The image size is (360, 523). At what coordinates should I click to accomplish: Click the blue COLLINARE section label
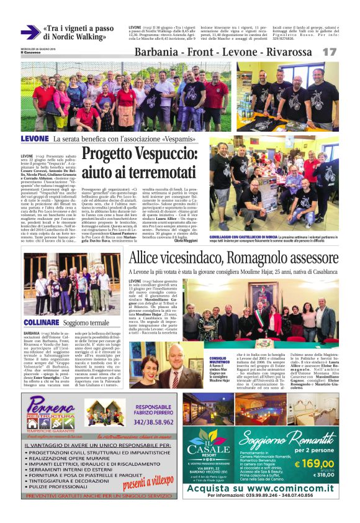pyautogui.click(x=42, y=324)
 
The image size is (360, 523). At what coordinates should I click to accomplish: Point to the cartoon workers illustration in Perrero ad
pyautogui.click(x=104, y=413)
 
